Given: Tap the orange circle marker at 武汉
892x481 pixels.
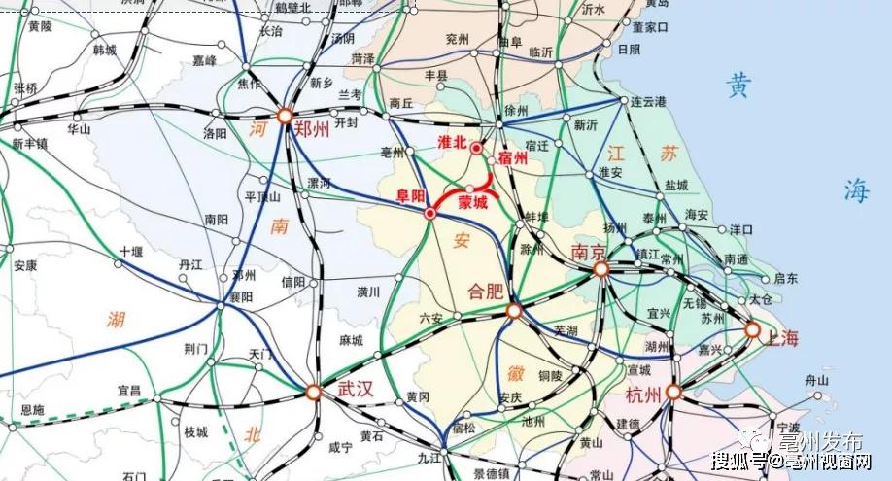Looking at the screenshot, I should coord(313,393).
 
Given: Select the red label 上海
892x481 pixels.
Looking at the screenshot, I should coord(781,339).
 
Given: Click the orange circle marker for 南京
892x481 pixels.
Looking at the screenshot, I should coord(601,269).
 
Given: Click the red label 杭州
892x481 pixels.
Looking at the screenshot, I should coord(644,395).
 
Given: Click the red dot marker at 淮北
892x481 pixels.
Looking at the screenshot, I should coord(476,149).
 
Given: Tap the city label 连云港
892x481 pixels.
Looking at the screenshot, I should coord(647,101).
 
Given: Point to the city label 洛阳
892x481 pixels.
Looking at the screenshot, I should coord(216,132).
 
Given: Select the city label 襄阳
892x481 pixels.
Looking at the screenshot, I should coord(240,296).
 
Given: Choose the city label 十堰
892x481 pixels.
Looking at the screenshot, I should coord(130,251).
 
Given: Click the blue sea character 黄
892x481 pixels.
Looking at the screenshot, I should coord(738,86).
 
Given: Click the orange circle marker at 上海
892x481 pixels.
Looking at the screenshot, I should coord(752,330).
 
